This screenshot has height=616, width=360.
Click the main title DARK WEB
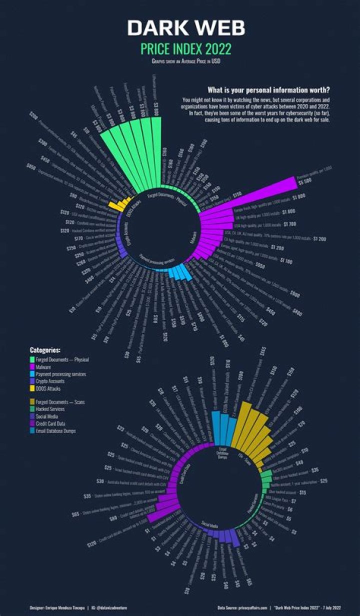(186, 28)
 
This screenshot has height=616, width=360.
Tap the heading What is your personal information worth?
(268, 90)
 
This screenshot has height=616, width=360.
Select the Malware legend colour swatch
(32, 367)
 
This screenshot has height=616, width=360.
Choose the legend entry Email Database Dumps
(56, 431)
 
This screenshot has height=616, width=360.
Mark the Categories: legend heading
(45, 350)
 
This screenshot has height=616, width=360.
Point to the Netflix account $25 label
(323, 481)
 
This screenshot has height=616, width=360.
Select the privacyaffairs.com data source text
(253, 608)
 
